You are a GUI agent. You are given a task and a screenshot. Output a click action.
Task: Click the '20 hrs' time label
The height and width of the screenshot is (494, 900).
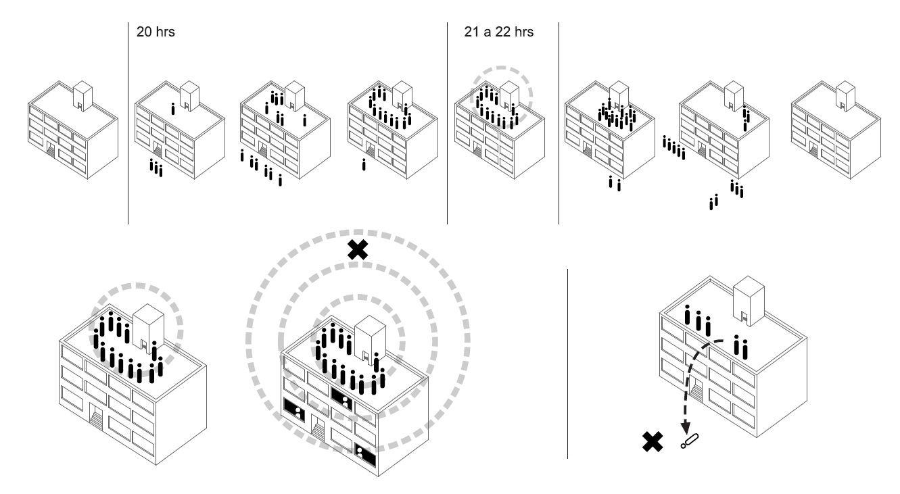156,32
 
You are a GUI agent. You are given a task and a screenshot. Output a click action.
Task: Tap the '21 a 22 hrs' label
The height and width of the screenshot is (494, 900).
498,32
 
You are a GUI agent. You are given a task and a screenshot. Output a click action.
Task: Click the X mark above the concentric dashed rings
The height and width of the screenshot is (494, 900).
358,250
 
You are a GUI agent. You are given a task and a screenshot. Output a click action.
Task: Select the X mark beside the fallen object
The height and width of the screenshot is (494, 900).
653,442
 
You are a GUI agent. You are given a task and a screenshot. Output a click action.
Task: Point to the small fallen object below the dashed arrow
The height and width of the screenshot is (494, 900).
690,441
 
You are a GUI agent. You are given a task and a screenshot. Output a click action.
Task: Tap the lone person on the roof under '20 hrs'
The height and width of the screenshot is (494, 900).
173,109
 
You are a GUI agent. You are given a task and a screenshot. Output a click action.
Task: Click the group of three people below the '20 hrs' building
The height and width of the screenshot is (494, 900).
156,168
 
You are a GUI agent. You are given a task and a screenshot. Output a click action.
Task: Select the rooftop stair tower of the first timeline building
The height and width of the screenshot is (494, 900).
82,96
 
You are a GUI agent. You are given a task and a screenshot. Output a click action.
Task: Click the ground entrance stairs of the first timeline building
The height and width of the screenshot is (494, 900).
51,152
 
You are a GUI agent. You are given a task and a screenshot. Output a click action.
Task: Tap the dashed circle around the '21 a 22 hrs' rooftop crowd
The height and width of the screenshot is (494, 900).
501,97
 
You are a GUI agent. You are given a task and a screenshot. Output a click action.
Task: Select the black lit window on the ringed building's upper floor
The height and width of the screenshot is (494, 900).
342,399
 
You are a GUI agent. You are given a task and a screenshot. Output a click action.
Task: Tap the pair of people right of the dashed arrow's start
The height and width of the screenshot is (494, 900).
740,347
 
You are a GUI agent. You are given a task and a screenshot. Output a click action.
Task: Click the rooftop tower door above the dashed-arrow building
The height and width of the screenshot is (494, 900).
744,318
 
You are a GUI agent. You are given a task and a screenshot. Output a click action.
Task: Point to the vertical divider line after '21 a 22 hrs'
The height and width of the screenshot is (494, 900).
559,123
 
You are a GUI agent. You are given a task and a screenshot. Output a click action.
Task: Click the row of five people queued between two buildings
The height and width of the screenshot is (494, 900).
673,148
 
